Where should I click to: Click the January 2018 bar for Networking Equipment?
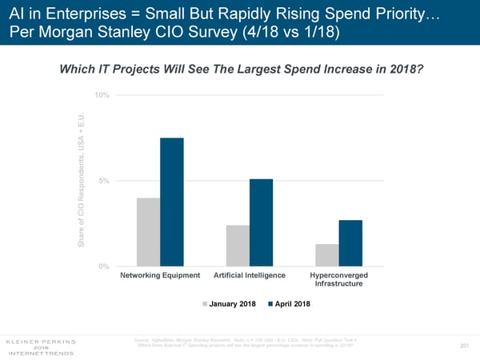148,232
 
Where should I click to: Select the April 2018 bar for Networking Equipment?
172,202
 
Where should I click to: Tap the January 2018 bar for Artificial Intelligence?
238,246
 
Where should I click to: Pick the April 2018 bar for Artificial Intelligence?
261,222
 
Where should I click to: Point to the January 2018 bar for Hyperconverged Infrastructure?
326,254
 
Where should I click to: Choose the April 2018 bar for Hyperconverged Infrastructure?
350,242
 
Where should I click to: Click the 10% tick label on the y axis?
102,95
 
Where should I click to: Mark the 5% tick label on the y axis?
104,181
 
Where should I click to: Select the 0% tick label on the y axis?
104,266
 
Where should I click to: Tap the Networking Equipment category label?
160,276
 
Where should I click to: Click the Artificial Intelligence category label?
250,276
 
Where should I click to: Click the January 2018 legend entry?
232,304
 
